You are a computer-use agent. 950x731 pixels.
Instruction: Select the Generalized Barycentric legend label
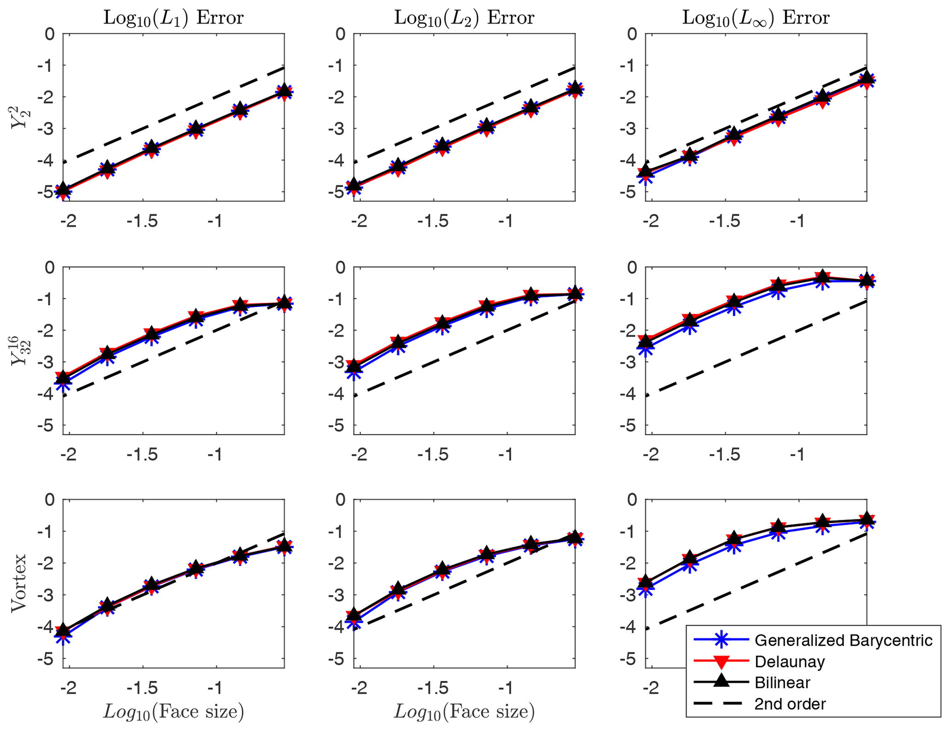pos(843,640)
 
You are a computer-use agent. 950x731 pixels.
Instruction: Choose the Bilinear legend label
pos(782,683)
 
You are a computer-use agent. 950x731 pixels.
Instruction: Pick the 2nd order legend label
pos(790,704)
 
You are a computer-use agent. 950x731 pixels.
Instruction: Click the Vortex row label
pos(19,583)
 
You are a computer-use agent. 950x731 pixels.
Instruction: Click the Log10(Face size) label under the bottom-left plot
pos(173,711)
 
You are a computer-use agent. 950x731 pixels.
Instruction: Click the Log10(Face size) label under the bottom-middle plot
pos(464,711)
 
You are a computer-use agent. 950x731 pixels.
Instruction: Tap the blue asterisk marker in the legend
pos(722,640)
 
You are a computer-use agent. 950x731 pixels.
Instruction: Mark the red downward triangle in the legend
pos(722,662)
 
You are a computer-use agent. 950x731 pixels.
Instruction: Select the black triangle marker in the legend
pos(722,682)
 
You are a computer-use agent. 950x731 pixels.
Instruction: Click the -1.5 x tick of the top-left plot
pos(142,222)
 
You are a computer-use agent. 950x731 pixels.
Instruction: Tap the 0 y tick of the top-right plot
pos(632,34)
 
